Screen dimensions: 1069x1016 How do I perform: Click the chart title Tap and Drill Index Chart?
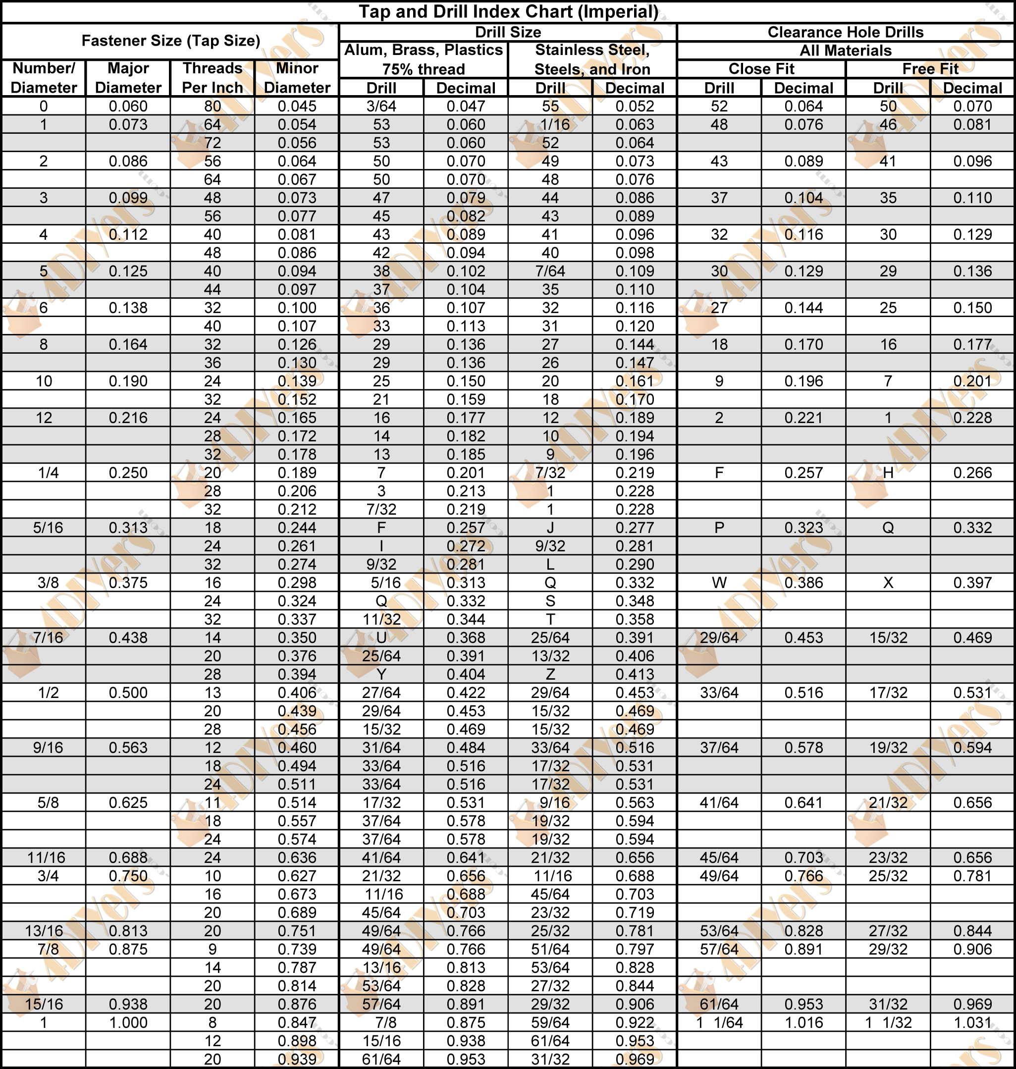[x=508, y=11]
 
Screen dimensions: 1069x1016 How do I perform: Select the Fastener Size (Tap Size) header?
[x=170, y=41]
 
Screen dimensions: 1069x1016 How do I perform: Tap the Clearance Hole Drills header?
[x=845, y=32]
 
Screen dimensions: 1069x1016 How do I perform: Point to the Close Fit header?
[x=761, y=69]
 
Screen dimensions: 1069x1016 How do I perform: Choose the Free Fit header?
[x=930, y=69]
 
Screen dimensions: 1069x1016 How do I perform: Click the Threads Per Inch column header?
[x=213, y=78]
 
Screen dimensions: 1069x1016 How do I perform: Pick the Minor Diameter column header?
[x=297, y=78]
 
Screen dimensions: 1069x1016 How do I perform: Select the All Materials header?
[x=845, y=51]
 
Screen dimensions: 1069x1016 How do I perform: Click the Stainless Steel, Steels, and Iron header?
[x=592, y=59]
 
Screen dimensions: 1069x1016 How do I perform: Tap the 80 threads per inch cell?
[x=213, y=106]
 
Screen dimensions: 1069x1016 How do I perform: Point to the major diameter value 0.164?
[x=128, y=344]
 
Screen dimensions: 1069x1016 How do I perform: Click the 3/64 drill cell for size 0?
[x=381, y=106]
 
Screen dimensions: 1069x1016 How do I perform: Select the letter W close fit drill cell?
[x=719, y=583]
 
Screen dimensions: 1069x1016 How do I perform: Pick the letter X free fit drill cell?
[x=888, y=583]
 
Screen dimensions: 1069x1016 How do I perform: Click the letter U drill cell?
[x=381, y=638]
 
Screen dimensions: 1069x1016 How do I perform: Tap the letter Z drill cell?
[x=550, y=674]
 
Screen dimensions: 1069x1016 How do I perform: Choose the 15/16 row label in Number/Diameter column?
[x=44, y=1004]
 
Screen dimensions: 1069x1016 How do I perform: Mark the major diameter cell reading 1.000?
[x=128, y=1022]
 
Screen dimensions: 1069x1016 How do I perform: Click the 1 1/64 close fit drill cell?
[x=719, y=1022]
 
